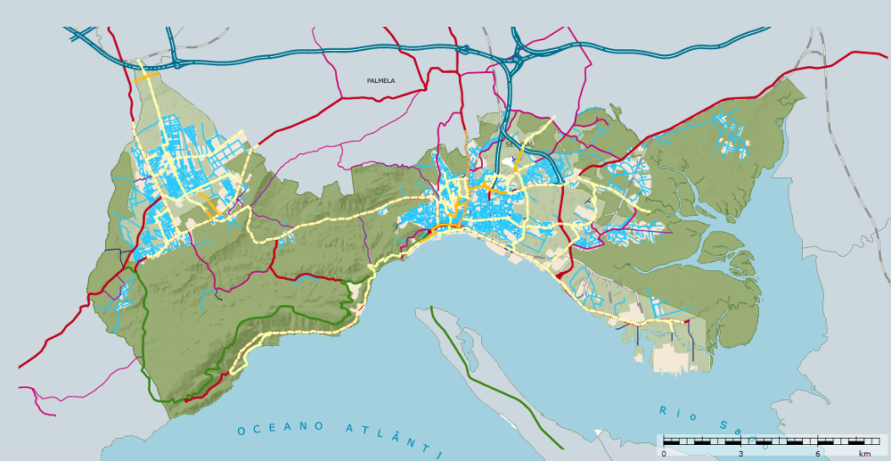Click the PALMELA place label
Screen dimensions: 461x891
tap(380, 80)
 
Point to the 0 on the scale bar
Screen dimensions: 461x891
tap(664, 454)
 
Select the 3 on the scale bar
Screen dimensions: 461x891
tap(740, 454)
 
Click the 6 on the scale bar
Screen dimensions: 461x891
tap(818, 454)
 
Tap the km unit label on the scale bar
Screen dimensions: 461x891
tap(864, 454)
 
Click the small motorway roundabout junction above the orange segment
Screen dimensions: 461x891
tap(176, 63)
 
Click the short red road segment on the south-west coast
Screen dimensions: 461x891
tap(203, 391)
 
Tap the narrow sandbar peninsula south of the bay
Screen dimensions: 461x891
tap(481, 357)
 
